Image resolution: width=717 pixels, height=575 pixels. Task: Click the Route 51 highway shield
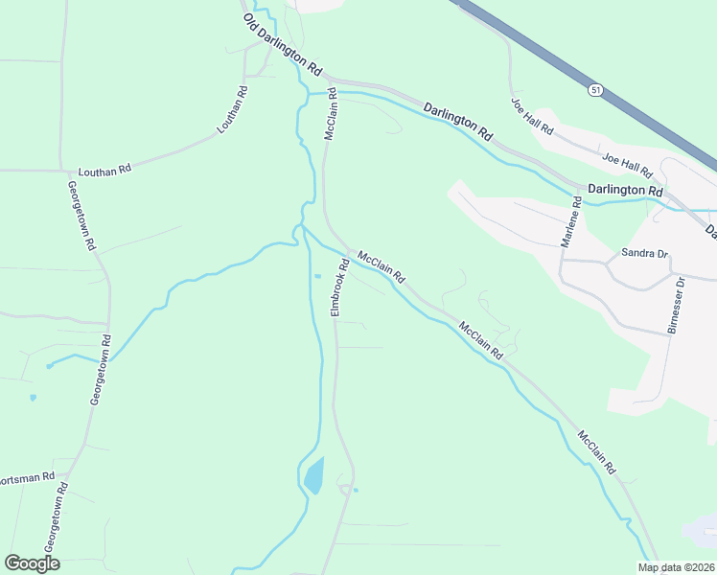[x=595, y=89]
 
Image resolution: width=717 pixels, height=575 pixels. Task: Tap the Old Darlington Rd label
[x=282, y=45]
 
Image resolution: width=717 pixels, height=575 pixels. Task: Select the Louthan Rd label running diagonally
[x=233, y=109]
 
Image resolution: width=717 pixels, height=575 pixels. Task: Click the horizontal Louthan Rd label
[x=104, y=169]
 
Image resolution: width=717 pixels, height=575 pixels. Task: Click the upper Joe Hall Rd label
[x=532, y=116]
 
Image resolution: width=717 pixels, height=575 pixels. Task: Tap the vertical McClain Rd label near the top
[x=331, y=115]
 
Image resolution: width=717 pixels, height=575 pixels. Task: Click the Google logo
[x=32, y=563]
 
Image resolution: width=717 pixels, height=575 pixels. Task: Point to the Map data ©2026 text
[x=677, y=567]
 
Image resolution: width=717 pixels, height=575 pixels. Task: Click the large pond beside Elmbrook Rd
[x=313, y=475]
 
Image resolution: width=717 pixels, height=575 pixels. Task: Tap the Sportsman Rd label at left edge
[x=27, y=477]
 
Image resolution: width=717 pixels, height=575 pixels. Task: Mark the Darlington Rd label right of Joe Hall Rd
[x=625, y=191]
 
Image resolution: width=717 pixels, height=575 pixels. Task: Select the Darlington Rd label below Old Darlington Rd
[x=457, y=122]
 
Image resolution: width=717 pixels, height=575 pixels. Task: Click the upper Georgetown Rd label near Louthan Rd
[x=82, y=216]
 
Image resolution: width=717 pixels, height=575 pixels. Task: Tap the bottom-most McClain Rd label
[x=596, y=454]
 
